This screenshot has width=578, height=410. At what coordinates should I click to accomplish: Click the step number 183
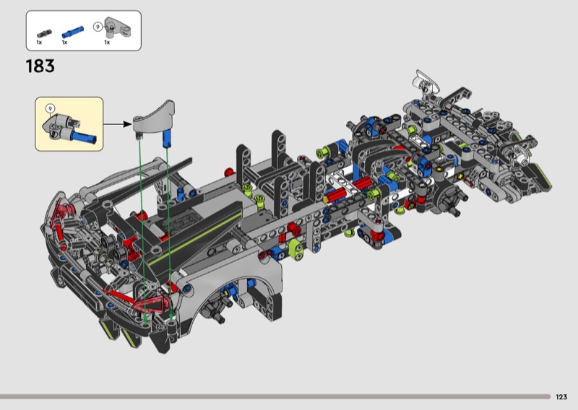point(40,66)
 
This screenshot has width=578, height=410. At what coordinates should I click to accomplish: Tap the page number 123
point(561,397)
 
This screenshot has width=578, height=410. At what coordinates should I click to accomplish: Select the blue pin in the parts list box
point(73,32)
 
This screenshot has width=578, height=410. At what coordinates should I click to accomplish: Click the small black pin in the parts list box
point(44,34)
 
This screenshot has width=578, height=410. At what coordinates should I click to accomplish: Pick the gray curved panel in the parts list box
point(117,27)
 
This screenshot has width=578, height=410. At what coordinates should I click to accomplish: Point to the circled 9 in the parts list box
point(98,27)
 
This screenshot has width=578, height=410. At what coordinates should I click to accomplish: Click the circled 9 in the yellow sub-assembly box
point(51,109)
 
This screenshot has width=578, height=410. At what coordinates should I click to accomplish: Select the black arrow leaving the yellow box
point(118,123)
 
